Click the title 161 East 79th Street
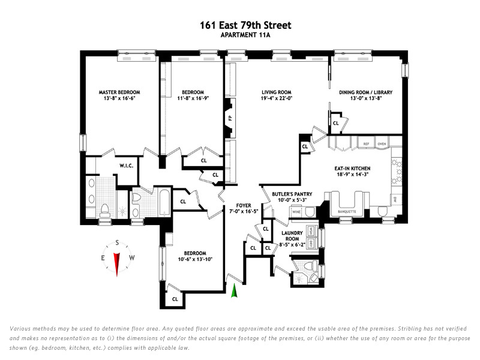[245, 25]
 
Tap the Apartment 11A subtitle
[245, 35]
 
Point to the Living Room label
[276, 92]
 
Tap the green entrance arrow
[235, 290]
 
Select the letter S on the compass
[117, 242]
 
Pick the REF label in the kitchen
[365, 145]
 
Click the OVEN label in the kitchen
[382, 145]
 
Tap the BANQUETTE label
[347, 211]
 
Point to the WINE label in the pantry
[295, 212]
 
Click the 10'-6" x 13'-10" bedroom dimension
[195, 260]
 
